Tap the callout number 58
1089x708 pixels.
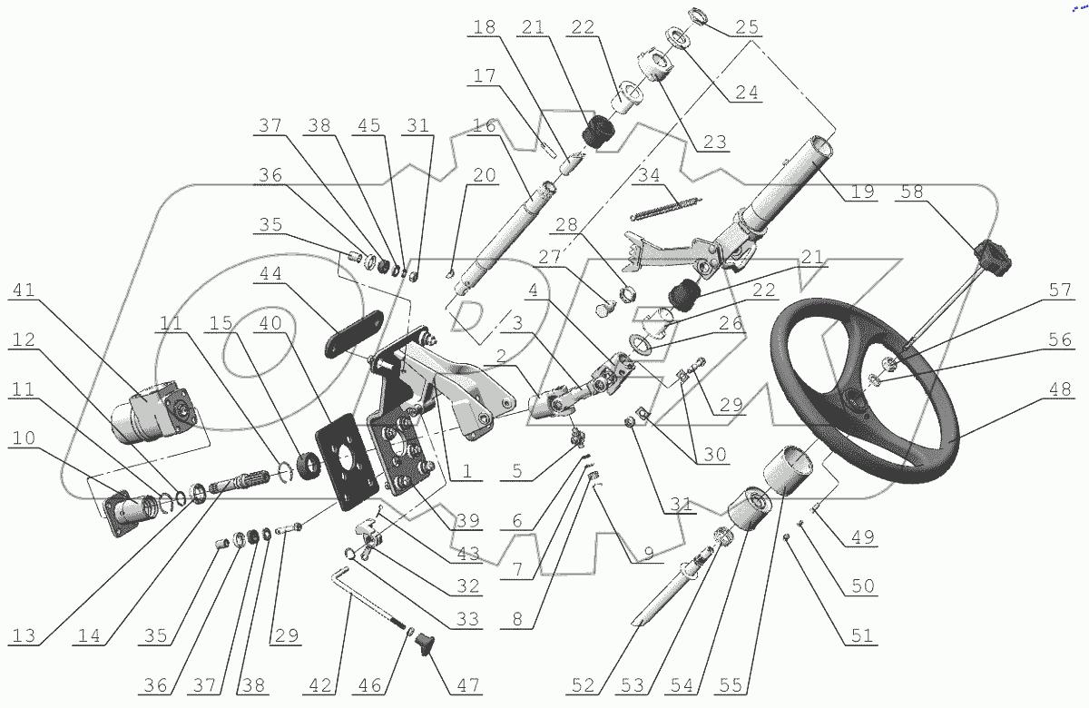(912, 192)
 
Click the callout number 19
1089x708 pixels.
(862, 192)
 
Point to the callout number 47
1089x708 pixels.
(469, 684)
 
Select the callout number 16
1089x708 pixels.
(485, 126)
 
